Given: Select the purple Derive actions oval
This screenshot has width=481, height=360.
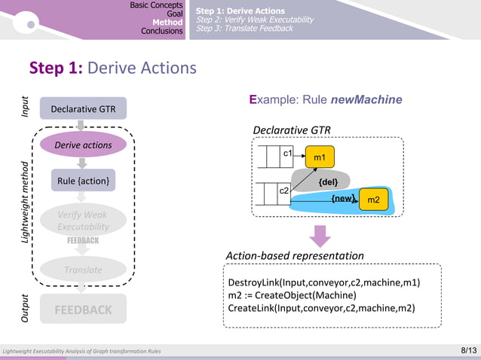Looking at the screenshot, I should [83, 145].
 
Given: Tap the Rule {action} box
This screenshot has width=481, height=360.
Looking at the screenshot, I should [83, 181].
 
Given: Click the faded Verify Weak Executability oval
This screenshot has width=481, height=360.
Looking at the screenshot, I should [83, 220].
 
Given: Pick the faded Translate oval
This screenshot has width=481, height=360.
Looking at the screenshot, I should [83, 270].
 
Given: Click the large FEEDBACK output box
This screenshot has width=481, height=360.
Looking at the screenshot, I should [83, 310].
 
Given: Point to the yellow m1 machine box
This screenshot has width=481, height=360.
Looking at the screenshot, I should [320, 157].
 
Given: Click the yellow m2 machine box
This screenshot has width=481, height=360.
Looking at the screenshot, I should [373, 200].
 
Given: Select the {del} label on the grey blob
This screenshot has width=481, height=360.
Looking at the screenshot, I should [328, 182].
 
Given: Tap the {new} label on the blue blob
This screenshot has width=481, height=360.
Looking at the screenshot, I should [343, 199].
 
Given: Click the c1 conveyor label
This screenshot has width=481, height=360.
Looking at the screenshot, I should [287, 154].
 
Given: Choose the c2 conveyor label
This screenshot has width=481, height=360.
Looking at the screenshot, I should [284, 191].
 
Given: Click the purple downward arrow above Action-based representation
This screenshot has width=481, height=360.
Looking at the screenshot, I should [320, 236].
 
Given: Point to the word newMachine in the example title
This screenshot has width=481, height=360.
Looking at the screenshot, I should [366, 99].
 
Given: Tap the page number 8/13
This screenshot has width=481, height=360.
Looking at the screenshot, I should [468, 350].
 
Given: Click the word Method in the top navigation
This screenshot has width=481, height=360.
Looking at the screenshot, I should [169, 22].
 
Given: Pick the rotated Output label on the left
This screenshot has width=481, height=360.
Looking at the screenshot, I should [25, 309].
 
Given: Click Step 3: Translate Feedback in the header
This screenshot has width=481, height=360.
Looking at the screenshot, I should [244, 29].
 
